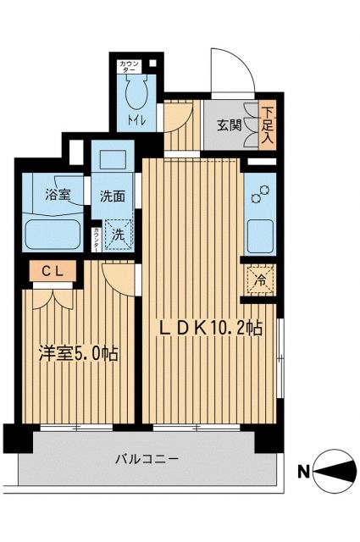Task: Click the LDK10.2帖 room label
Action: pyautogui.click(x=208, y=328)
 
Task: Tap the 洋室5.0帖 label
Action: pyautogui.click(x=76, y=354)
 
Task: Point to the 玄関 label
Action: pyautogui.click(x=229, y=125)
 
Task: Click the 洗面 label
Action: pyautogui.click(x=112, y=196)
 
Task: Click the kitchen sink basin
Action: pyautogui.click(x=259, y=232)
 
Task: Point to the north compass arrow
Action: pyautogui.click(x=336, y=471)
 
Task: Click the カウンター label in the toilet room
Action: pyautogui.click(x=130, y=66)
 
